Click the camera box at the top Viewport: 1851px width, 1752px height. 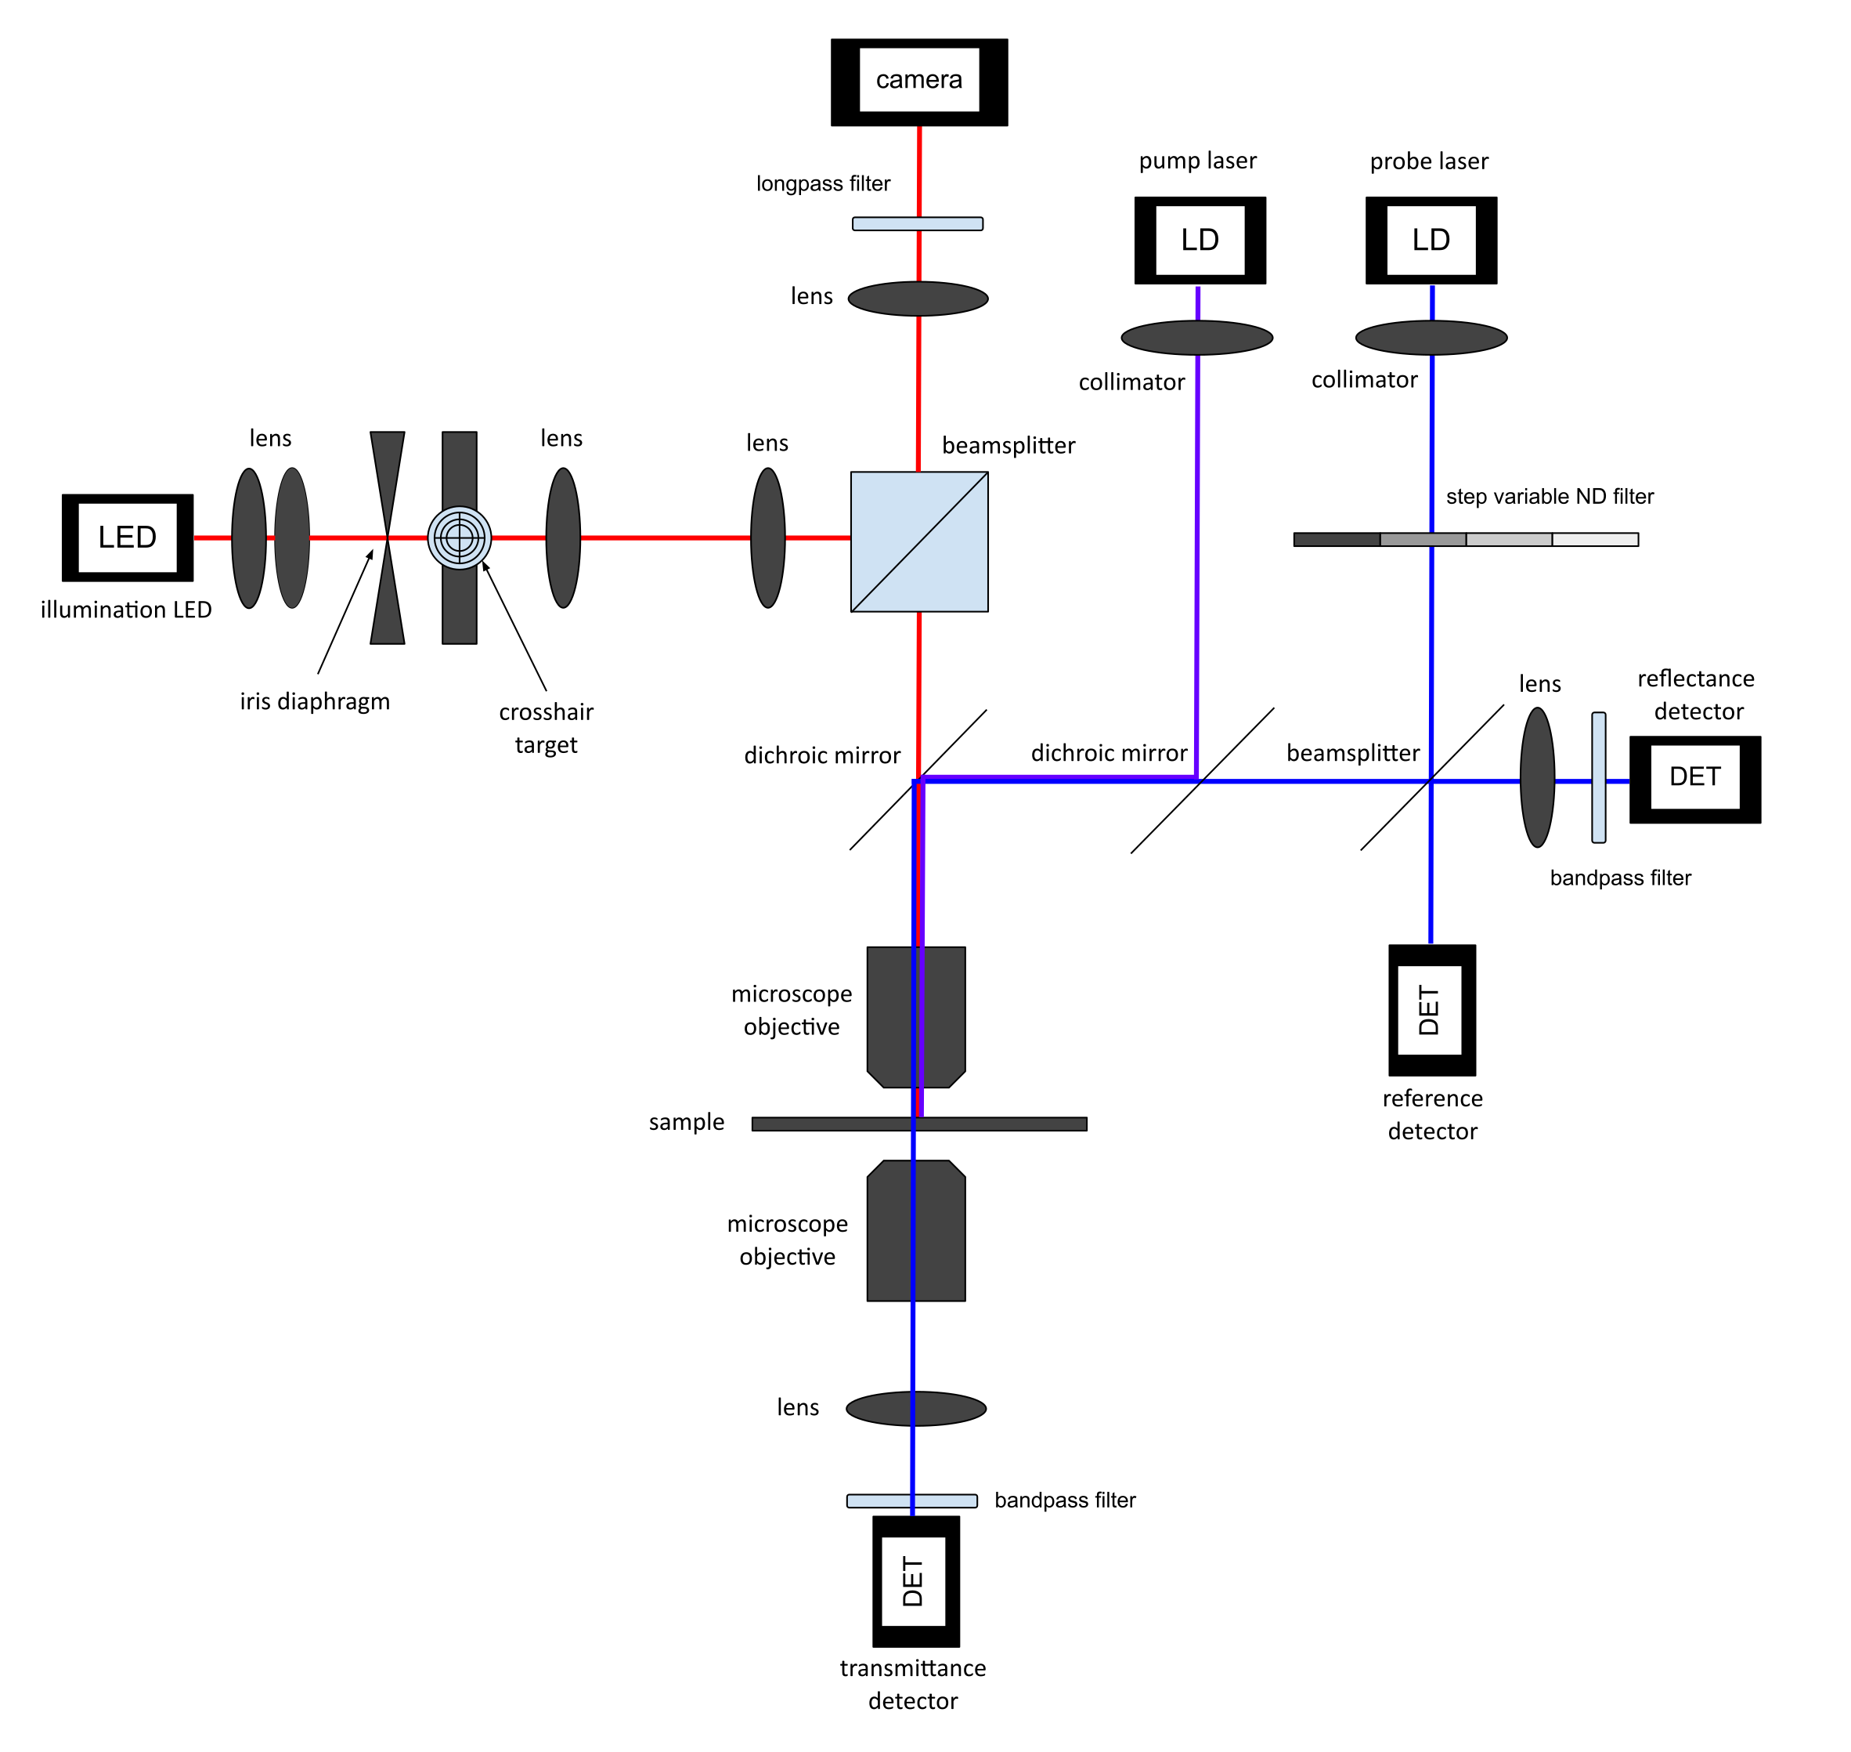(x=918, y=82)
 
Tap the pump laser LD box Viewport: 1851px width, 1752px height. (x=1200, y=240)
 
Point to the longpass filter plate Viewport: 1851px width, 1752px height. (x=917, y=224)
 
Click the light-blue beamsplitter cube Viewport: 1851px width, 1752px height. (x=918, y=541)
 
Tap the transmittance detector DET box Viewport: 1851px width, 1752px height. (x=915, y=1581)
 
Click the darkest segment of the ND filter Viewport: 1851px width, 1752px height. (x=1336, y=539)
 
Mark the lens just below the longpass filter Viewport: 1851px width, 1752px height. (x=918, y=299)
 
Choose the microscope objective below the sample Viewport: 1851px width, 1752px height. (x=915, y=1230)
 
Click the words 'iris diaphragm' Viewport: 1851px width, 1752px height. (x=315, y=701)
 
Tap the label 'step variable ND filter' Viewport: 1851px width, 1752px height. (x=1550, y=496)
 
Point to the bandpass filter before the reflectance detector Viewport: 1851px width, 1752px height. (x=1598, y=777)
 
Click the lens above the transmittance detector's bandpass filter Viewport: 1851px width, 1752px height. (x=915, y=1408)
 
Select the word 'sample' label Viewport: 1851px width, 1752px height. (x=686, y=1121)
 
